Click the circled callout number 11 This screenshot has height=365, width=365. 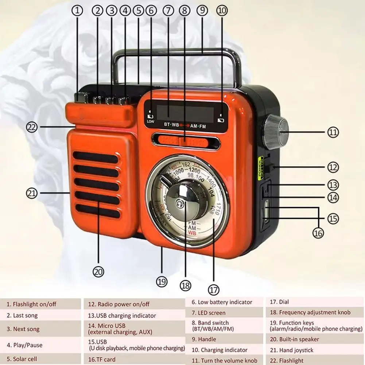pyautogui.click(x=333, y=132)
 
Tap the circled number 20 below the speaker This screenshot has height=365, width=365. pyautogui.click(x=99, y=271)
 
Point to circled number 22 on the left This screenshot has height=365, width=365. pyautogui.click(x=32, y=127)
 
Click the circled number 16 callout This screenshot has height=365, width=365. pyautogui.click(x=318, y=233)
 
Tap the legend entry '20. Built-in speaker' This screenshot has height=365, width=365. pyautogui.click(x=299, y=339)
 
